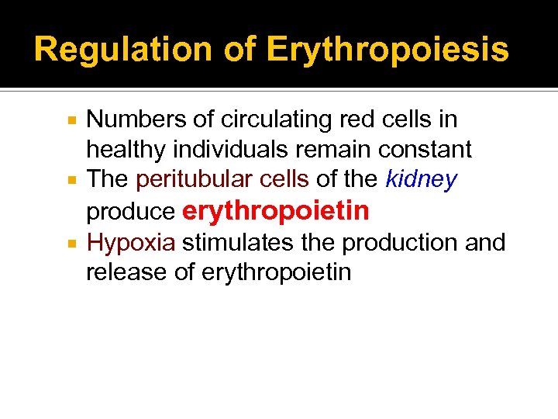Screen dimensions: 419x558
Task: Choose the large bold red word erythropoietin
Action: coord(275,211)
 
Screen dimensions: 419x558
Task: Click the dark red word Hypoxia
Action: coord(131,242)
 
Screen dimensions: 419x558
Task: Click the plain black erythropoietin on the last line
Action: coord(275,273)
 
